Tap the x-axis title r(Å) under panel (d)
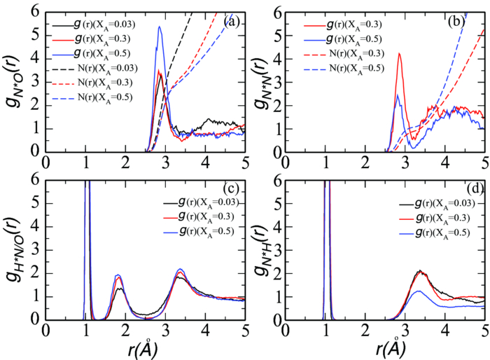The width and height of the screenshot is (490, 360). (387, 348)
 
